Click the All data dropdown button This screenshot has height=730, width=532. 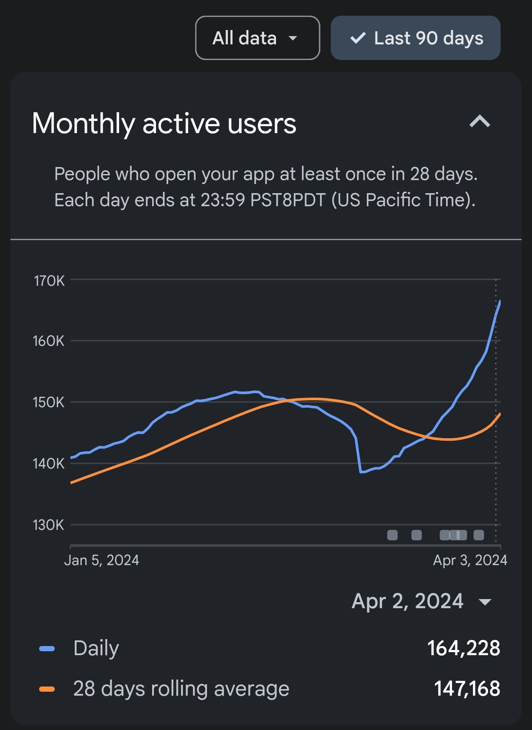[x=257, y=38]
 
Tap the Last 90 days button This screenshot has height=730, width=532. [x=416, y=38]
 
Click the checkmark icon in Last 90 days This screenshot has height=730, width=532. [x=358, y=38]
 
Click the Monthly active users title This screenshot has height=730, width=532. [x=164, y=124]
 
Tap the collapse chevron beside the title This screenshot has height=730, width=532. [x=480, y=122]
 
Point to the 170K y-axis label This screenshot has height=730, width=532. [x=49, y=281]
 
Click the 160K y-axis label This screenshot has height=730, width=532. [x=49, y=341]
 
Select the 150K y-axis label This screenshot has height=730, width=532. [x=49, y=402]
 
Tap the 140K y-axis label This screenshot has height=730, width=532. [x=49, y=464]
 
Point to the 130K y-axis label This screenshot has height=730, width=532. [x=49, y=525]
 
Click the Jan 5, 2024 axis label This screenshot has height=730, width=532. [x=102, y=560]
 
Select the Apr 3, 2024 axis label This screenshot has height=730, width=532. [x=470, y=560]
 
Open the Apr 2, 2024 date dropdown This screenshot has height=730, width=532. [x=421, y=601]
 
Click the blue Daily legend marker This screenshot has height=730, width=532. [x=47, y=649]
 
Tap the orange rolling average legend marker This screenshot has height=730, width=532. [x=47, y=689]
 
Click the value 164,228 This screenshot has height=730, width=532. [x=464, y=648]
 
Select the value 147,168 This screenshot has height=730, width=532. [x=467, y=689]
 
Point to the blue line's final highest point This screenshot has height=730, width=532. [x=500, y=301]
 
